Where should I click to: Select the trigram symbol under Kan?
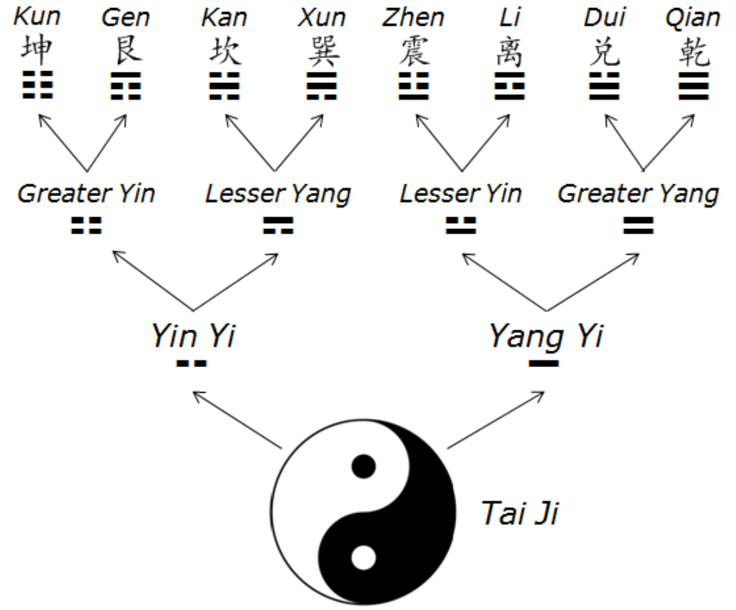225,86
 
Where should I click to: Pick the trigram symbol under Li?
509,86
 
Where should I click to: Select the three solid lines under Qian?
693,86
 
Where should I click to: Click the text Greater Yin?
86,194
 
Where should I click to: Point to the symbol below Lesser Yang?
278,225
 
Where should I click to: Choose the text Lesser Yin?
461,194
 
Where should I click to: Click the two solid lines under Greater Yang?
638,225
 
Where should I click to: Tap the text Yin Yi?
193,337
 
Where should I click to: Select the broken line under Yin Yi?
192,363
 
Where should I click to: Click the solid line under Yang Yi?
544,363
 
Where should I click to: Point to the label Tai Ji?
519,512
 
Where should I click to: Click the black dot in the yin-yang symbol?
363,465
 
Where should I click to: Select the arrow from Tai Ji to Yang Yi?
496,420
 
